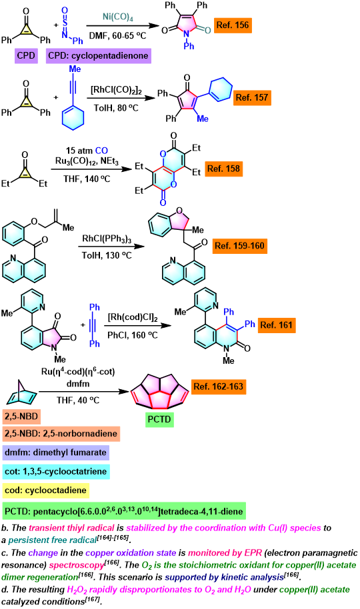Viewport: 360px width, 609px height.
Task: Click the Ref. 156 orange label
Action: tap(233, 25)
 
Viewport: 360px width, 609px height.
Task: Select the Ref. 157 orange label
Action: tap(252, 97)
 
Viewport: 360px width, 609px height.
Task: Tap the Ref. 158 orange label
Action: tap(223, 169)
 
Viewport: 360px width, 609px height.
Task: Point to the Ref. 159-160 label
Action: tap(239, 246)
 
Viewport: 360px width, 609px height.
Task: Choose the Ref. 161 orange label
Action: tap(276, 325)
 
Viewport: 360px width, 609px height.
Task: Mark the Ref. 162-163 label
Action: tap(219, 386)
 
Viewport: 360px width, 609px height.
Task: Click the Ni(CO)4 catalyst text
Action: tap(117, 17)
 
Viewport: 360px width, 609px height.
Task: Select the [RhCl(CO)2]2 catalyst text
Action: tap(116, 91)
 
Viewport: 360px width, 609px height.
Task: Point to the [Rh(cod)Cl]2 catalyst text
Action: tap(133, 318)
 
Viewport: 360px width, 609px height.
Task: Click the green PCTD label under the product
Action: tap(159, 420)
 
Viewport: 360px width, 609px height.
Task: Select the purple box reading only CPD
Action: tap(26, 55)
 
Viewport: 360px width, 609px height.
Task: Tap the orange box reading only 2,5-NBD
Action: tap(21, 416)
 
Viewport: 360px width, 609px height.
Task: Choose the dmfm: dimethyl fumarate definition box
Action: tap(55, 452)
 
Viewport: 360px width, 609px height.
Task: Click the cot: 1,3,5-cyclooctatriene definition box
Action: tap(56, 472)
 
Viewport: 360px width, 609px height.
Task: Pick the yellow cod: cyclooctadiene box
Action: tap(45, 490)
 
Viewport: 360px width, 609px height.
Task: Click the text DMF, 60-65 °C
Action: tap(117, 36)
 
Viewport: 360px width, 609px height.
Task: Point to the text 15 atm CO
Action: tap(87, 151)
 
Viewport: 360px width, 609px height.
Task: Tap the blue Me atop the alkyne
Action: tap(75, 69)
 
